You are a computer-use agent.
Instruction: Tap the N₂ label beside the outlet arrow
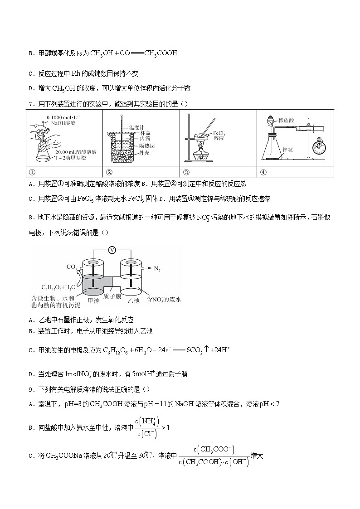(x=158, y=269)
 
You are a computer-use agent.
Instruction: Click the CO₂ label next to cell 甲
(x=71, y=267)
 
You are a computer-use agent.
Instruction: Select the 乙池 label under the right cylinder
(x=133, y=301)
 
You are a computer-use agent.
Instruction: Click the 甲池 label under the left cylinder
(x=93, y=301)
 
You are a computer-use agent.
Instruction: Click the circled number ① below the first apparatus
(x=32, y=172)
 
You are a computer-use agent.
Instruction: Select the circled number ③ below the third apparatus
(x=186, y=172)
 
